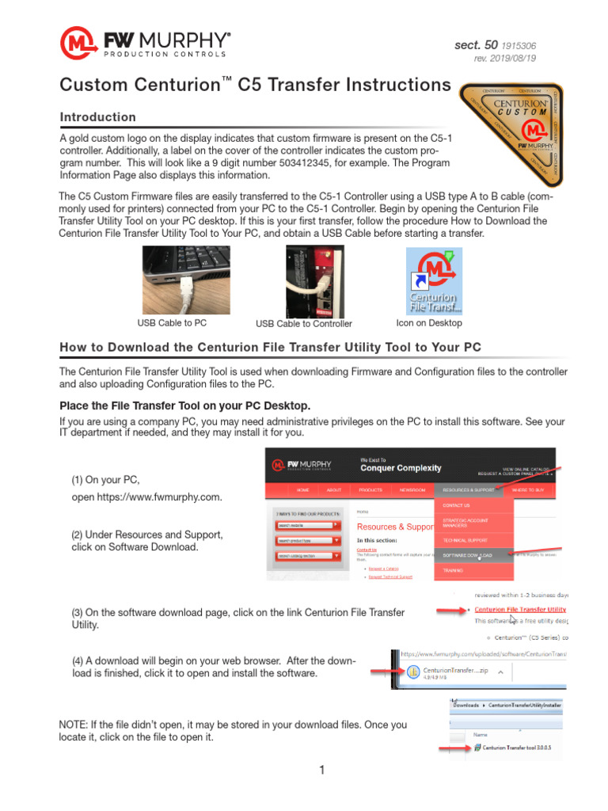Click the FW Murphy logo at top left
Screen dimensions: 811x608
point(146,43)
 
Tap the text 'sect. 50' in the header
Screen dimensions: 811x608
point(476,45)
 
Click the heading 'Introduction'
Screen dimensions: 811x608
point(98,117)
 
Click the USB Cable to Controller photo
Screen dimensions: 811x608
point(314,281)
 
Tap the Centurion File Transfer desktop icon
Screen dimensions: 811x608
point(434,280)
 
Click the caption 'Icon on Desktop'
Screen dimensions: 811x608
point(429,323)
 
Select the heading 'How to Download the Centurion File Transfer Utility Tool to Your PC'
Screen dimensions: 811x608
point(270,348)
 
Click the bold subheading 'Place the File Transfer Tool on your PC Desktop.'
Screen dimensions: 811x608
point(184,405)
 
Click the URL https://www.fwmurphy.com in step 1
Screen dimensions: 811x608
point(146,497)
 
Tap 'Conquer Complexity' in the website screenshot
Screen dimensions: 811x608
point(401,468)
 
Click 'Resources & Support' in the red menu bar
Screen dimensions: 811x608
point(469,490)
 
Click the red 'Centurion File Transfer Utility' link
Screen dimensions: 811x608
point(520,609)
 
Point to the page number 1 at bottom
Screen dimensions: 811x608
point(323,770)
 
